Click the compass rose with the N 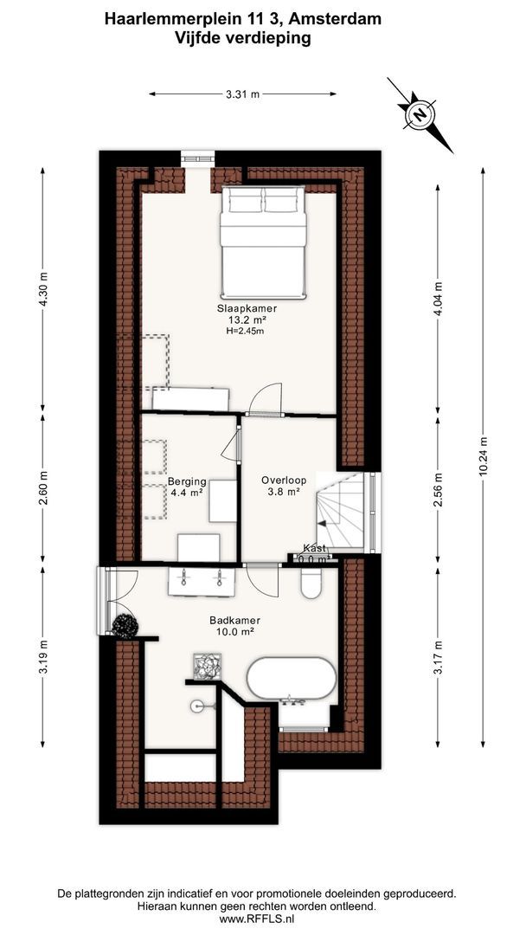[x=420, y=114]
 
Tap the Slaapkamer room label [x=239, y=309]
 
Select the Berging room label [x=187, y=482]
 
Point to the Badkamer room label [x=234, y=620]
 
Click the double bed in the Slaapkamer [x=263, y=242]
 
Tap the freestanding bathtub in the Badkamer [x=292, y=679]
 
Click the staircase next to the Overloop [x=340, y=512]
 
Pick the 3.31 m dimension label [x=242, y=93]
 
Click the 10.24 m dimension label [x=483, y=455]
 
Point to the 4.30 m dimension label [x=42, y=290]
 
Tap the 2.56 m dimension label [x=438, y=490]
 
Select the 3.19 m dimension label [x=42, y=656]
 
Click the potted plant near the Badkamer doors [x=125, y=626]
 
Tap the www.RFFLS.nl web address [x=257, y=919]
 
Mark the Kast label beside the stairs [x=315, y=548]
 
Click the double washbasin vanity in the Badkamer [x=202, y=582]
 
